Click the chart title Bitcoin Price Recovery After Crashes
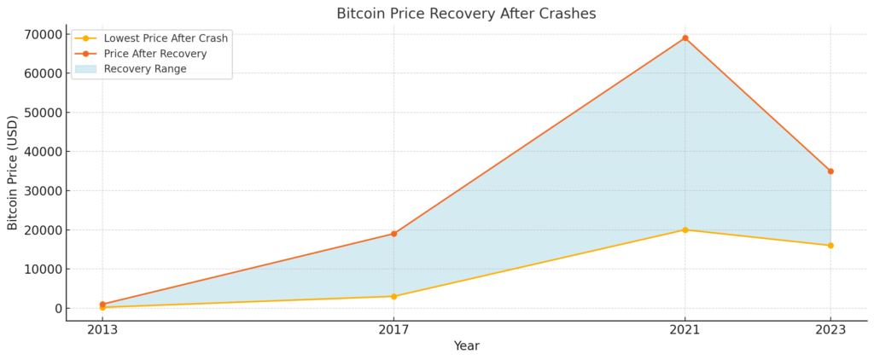[466, 14]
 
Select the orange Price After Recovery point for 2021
[685, 38]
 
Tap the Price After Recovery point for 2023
[830, 171]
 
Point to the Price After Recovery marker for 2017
[393, 234]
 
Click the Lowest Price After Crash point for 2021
[685, 229]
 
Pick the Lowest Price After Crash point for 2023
[830, 246]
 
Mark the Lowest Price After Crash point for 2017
[393, 296]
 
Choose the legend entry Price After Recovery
[154, 54]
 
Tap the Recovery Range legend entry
[144, 69]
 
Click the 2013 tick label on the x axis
[102, 328]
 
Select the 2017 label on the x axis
[393, 328]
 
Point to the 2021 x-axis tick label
[685, 328]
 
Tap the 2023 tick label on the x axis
[830, 328]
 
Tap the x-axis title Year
[466, 346]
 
